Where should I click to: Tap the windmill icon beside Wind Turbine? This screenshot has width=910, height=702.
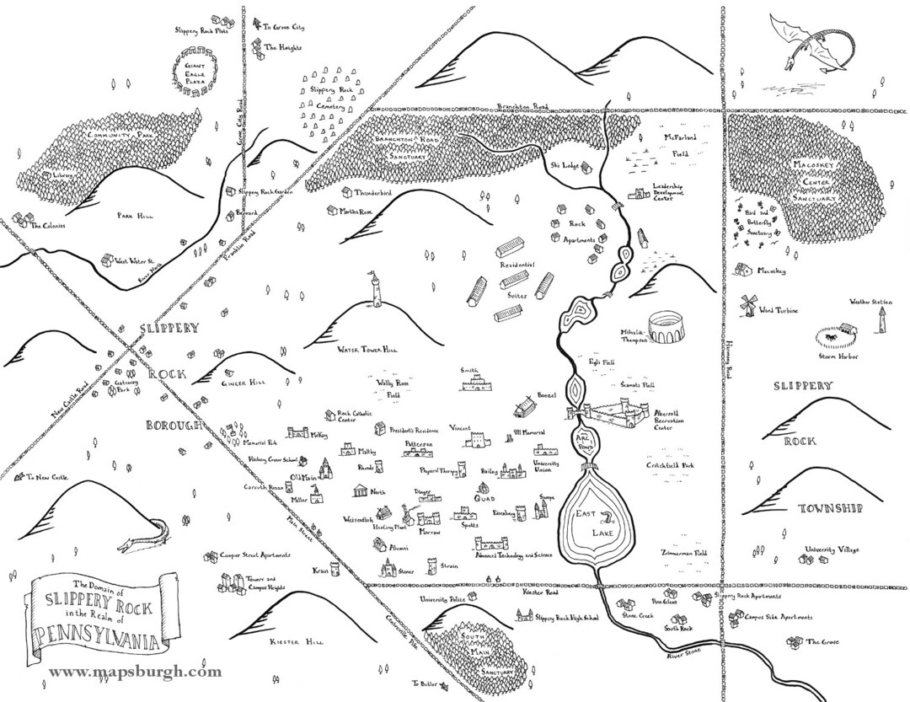pos(745,305)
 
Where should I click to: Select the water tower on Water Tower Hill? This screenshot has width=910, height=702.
pos(371,291)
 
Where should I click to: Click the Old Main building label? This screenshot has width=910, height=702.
pos(302,477)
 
